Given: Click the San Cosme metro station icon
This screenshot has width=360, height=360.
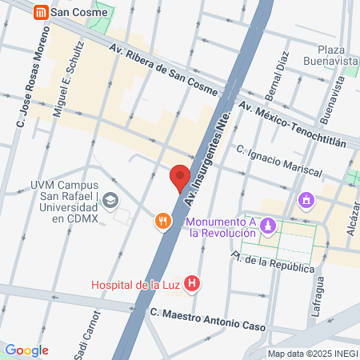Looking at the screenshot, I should click(x=39, y=13).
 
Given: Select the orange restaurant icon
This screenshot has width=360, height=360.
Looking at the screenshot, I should click(x=163, y=221).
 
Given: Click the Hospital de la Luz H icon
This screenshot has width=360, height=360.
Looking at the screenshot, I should click(x=191, y=282).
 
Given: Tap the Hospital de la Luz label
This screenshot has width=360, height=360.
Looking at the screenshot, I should click(x=134, y=284).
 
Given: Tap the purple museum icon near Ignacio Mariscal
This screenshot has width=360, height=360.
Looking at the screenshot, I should click(x=305, y=199).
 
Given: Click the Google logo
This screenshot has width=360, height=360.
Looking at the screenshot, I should click(x=26, y=350).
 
